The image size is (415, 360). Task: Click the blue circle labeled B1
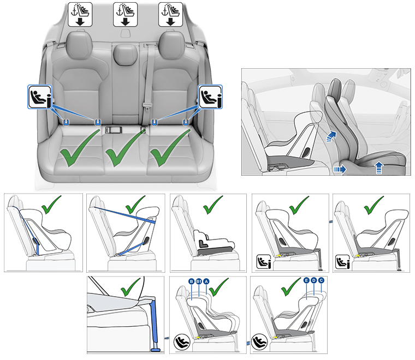[x=199, y=281]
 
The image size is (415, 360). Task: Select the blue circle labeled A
[x=206, y=281]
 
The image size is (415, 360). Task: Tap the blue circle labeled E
[x=306, y=280]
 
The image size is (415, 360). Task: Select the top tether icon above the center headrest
[x=125, y=14]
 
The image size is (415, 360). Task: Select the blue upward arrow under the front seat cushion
[x=378, y=169]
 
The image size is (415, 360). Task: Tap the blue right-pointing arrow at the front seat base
[x=340, y=170]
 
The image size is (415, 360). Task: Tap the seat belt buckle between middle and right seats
[x=146, y=104]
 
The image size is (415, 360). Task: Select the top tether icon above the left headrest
[x=80, y=14]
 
